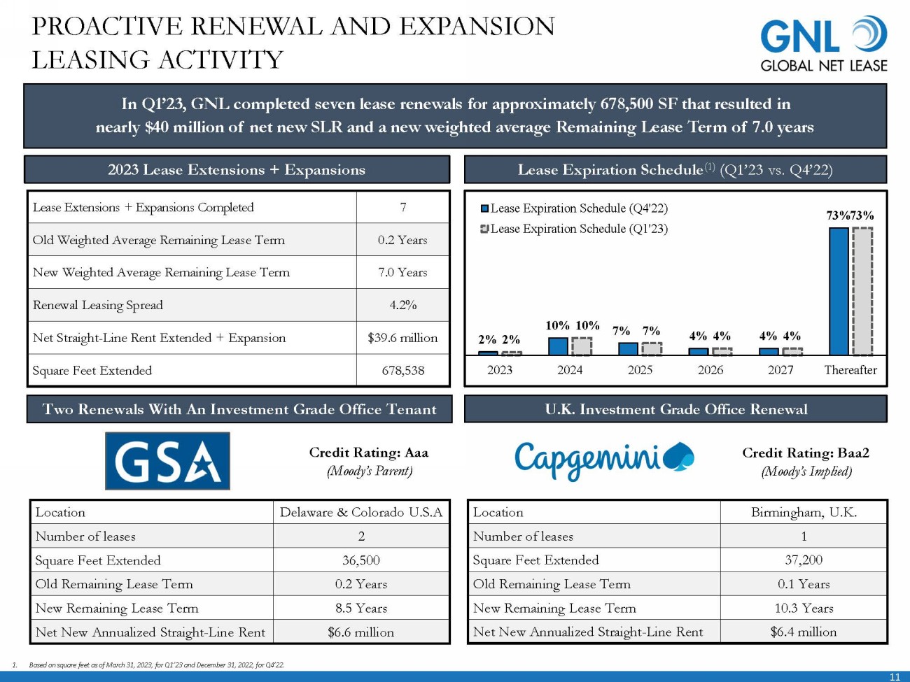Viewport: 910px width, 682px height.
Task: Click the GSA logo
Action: (x=167, y=461)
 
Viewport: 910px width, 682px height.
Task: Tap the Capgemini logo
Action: (x=604, y=460)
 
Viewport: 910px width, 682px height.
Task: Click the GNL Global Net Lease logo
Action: (x=823, y=45)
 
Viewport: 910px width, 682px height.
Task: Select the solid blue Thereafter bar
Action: (x=838, y=292)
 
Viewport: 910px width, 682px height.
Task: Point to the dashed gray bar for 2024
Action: (x=582, y=346)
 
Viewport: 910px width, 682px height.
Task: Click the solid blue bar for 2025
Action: (x=628, y=349)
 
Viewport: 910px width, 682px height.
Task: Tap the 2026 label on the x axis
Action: (x=710, y=370)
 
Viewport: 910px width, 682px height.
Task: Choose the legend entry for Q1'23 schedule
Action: (x=574, y=229)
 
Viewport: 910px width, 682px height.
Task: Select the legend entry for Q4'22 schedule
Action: (x=574, y=208)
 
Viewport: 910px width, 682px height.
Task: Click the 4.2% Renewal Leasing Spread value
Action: (x=402, y=305)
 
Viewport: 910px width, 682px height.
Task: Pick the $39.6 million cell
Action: (x=402, y=338)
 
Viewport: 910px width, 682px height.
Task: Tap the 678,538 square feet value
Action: (x=402, y=371)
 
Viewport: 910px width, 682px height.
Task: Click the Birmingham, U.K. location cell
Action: (x=804, y=512)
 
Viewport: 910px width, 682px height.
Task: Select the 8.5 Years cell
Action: (x=360, y=608)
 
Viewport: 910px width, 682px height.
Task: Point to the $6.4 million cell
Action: (x=804, y=632)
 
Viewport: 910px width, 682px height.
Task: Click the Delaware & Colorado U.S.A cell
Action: (x=360, y=512)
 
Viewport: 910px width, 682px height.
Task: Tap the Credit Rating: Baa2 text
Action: (x=806, y=453)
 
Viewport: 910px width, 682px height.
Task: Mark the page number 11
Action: (x=895, y=676)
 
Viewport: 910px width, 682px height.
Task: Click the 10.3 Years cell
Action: (x=804, y=608)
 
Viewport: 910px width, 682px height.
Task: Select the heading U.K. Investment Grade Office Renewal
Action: (x=675, y=409)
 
